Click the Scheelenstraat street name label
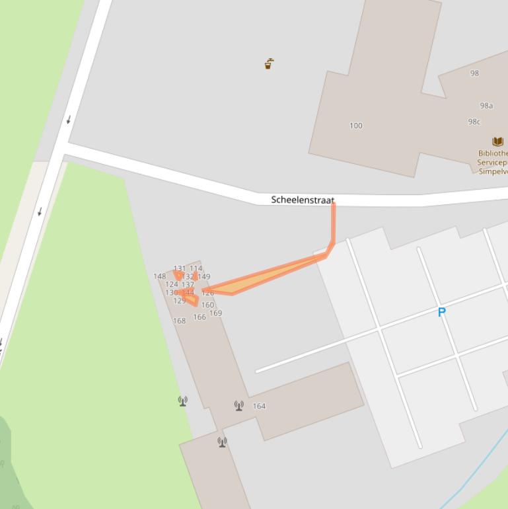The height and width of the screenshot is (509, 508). pyautogui.click(x=303, y=200)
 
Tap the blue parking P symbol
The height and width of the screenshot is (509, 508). pyautogui.click(x=442, y=312)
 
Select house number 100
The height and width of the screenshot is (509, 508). pyautogui.click(x=355, y=126)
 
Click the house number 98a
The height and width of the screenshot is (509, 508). pyautogui.click(x=486, y=106)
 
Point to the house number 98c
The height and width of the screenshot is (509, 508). pyautogui.click(x=474, y=122)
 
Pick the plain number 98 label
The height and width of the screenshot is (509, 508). pyautogui.click(x=474, y=73)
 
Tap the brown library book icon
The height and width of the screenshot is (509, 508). pyautogui.click(x=498, y=141)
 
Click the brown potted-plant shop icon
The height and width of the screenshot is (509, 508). pyautogui.click(x=269, y=64)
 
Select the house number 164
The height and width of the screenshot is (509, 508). pyautogui.click(x=259, y=406)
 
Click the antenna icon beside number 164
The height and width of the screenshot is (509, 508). pyautogui.click(x=239, y=405)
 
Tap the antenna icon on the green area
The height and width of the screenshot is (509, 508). pyautogui.click(x=183, y=401)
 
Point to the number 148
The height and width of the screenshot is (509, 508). pyautogui.click(x=160, y=276)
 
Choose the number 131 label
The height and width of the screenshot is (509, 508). pyautogui.click(x=180, y=269)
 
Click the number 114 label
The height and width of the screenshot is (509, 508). pyautogui.click(x=196, y=268)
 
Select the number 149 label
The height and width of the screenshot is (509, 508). pyautogui.click(x=204, y=277)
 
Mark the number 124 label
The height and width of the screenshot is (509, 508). pyautogui.click(x=172, y=284)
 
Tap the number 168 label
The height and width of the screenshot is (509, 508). pyautogui.click(x=179, y=321)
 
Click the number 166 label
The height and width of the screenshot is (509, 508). pyautogui.click(x=200, y=317)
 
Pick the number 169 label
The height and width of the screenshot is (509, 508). pyautogui.click(x=215, y=313)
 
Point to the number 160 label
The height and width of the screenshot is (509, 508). pyautogui.click(x=207, y=305)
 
